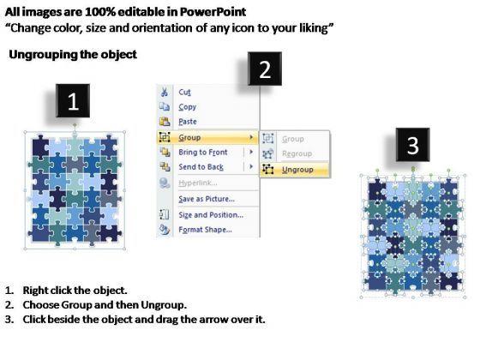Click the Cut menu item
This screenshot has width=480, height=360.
(184, 93)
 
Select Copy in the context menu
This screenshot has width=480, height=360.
(188, 107)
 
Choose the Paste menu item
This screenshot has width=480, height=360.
(188, 122)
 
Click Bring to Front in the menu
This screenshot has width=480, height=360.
(203, 153)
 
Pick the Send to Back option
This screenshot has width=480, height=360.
(201, 167)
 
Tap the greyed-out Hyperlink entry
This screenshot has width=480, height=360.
(198, 183)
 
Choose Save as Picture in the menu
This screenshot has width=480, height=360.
(207, 199)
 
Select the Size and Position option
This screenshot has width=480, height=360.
(211, 215)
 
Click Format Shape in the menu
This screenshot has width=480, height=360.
(205, 230)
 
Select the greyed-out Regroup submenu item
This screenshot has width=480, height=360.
(297, 153)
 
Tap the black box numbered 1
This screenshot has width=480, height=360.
(73, 101)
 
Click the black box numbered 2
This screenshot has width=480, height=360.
(265, 69)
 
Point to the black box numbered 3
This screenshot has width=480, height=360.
(412, 145)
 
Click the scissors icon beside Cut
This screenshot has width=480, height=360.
(165, 92)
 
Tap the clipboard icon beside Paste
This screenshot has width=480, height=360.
(165, 122)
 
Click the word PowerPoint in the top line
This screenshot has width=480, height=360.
(213, 12)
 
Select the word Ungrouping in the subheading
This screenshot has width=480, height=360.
(44, 55)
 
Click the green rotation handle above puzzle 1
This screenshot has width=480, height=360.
(75, 125)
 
